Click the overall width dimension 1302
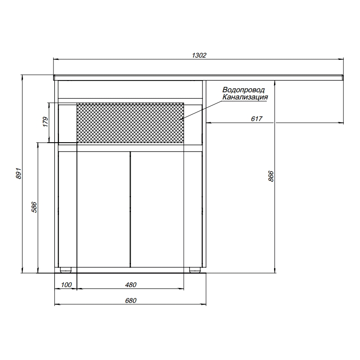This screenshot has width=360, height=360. [x=199, y=55]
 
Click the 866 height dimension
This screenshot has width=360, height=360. [x=271, y=176]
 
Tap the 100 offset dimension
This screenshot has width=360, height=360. [x=66, y=285]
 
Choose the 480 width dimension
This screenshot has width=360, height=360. [x=130, y=285]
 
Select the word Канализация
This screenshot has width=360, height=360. [x=245, y=97]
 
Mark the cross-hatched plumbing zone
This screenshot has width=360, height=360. [x=130, y=123]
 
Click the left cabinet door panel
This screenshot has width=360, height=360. [x=103, y=209]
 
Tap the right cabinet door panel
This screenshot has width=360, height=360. [x=157, y=209]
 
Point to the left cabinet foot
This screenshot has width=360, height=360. [x=67, y=270]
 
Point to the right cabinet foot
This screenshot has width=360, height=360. [x=194, y=270]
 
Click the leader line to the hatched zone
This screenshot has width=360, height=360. [x=202, y=110]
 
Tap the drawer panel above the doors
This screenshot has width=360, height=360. [x=130, y=89]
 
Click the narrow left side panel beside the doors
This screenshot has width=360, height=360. [x=68, y=209]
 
